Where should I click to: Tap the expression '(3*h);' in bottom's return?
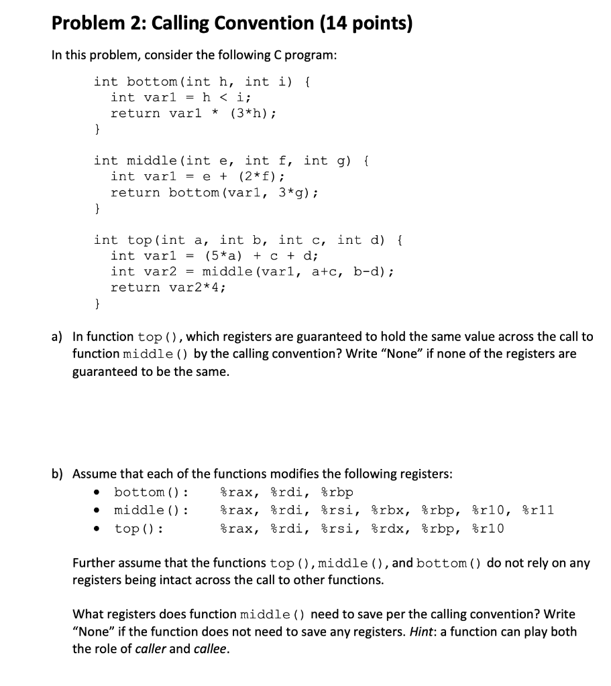(252, 113)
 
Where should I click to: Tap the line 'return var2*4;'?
(168, 287)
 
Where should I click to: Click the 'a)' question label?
(58, 337)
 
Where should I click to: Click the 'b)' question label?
(58, 474)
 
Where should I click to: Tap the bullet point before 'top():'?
(99, 529)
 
